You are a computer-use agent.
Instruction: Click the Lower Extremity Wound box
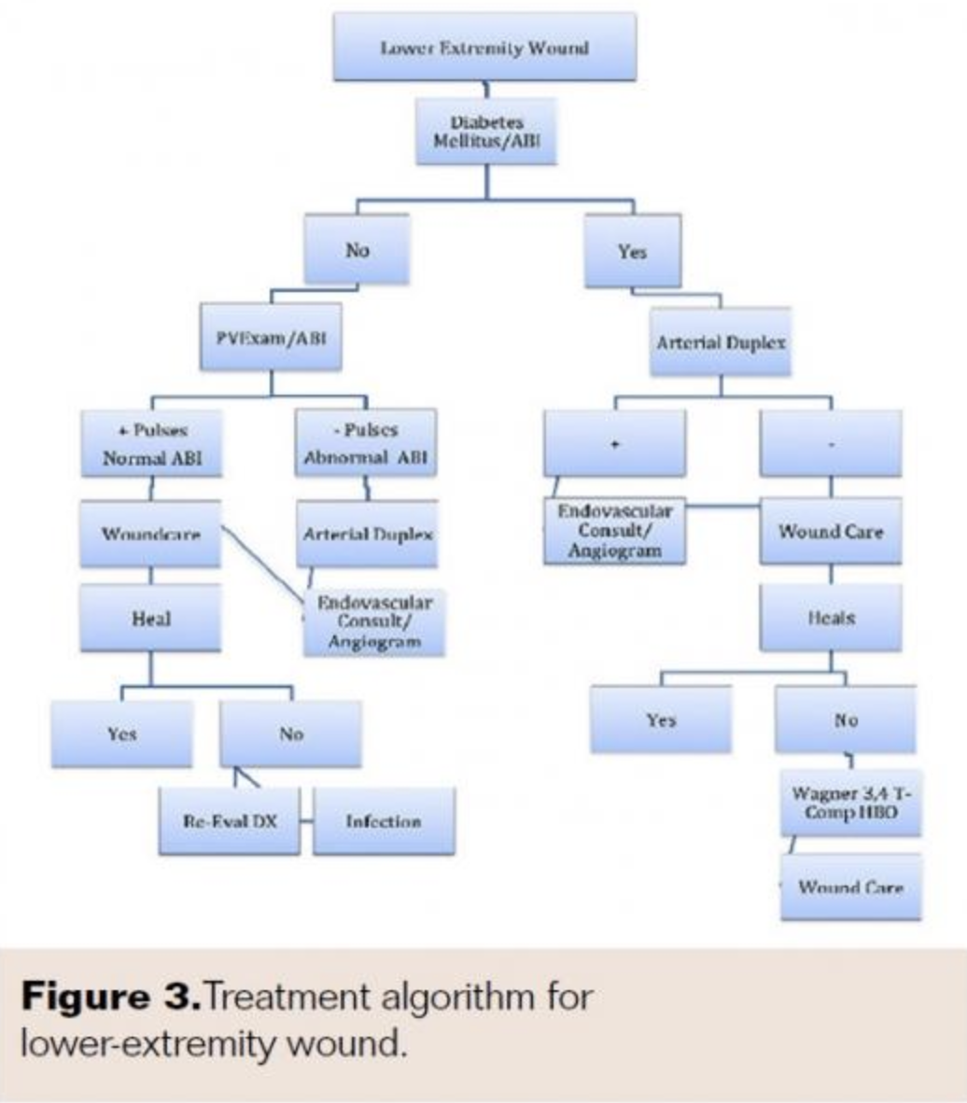pos(484,48)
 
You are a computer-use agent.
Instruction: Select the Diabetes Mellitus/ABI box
pos(485,132)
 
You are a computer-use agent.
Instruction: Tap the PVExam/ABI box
pos(271,336)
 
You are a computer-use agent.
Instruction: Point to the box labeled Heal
pos(150,618)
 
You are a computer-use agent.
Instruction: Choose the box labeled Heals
pos(831,618)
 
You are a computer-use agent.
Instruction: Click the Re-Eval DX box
pos(230,821)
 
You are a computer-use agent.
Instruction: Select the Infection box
pos(384,821)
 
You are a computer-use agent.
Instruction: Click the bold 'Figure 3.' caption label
pos(109,997)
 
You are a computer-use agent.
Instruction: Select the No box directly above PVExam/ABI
pos(357,249)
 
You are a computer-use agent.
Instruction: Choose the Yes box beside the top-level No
pos(632,251)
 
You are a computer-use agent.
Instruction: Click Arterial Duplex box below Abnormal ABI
pos(367,535)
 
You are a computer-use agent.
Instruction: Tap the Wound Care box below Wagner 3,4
pos(850,887)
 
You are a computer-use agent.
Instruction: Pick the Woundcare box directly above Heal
pos(150,535)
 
